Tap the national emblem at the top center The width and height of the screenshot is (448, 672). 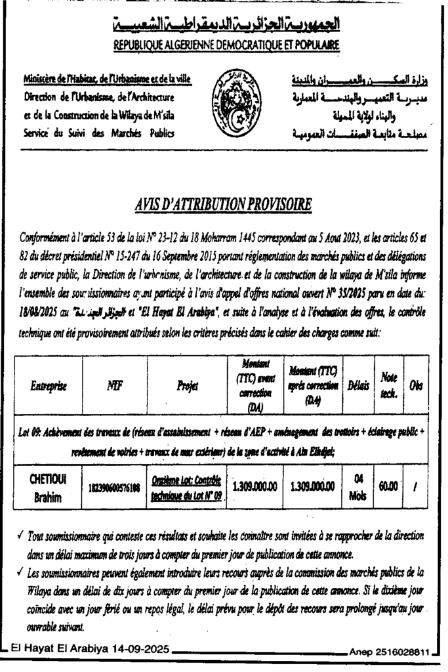[224, 104]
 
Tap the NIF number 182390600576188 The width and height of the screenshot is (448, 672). [115, 488]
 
